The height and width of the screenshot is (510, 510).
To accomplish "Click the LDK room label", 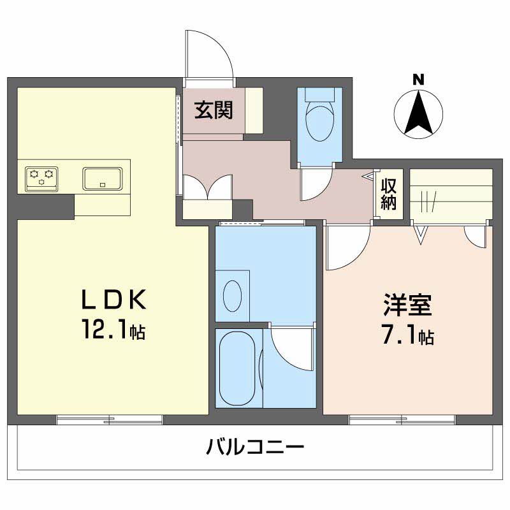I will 115,299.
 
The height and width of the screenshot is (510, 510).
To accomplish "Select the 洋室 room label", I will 408,305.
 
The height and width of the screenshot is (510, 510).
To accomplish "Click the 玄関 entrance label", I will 214,110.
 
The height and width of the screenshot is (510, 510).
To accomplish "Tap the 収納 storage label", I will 389,194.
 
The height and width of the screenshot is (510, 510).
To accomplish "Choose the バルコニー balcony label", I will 255,447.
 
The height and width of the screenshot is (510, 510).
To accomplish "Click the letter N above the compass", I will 418,80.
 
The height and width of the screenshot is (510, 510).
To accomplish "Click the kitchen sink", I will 103,178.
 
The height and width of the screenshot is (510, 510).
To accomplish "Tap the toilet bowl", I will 320,121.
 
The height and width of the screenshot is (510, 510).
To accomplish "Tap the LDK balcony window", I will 109,419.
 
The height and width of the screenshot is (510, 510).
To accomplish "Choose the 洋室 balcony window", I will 402,419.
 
